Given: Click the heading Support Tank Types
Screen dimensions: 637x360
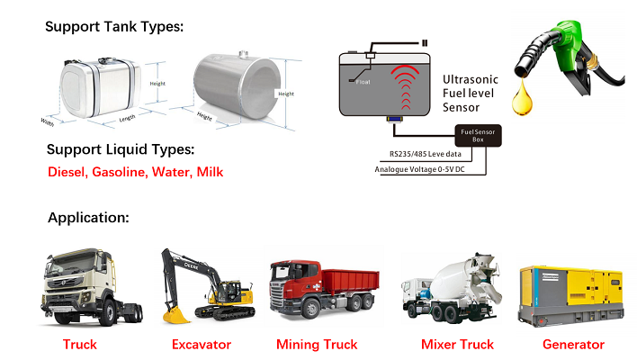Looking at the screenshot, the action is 114,26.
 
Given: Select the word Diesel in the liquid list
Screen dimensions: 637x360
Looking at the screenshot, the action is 69,171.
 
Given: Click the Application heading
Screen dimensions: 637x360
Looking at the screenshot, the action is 88,218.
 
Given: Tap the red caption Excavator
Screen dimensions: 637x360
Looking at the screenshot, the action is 202,345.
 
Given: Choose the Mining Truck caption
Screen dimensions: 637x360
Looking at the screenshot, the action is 317,345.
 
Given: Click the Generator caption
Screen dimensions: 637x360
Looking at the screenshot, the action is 573,345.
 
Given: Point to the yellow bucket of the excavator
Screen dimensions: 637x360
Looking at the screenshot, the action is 175,314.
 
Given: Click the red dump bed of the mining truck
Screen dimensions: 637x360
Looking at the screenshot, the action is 337,279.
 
